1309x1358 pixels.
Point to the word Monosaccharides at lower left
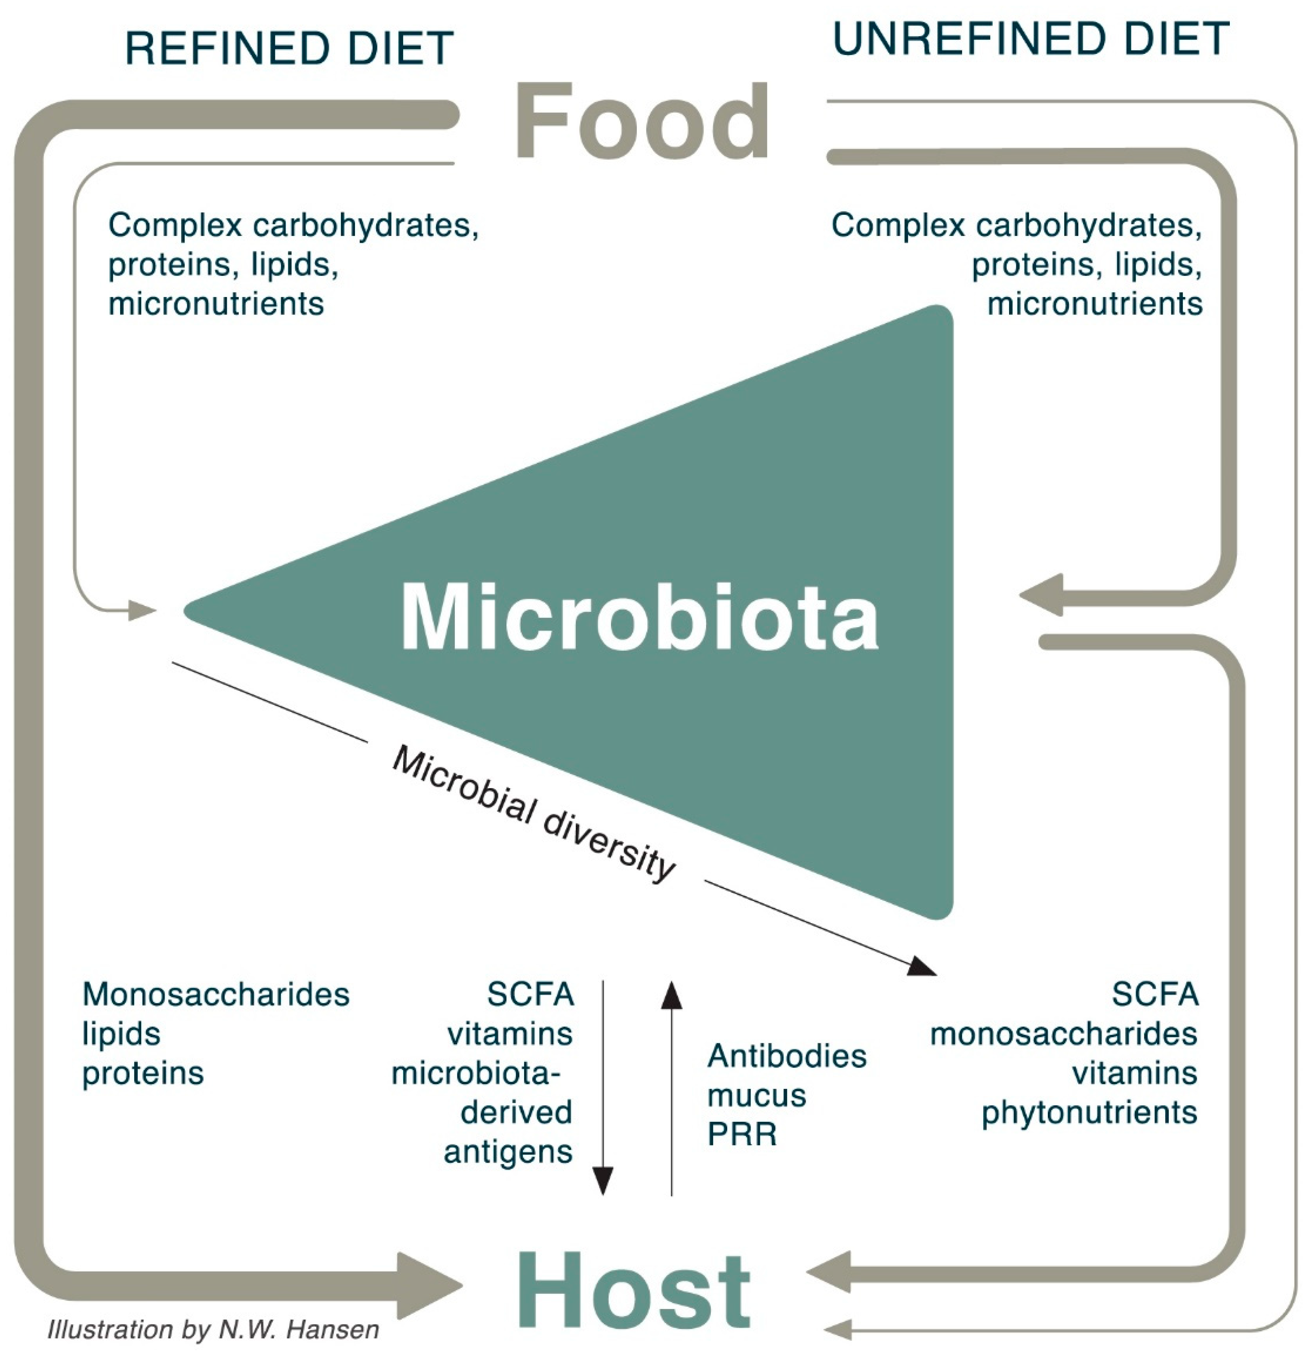[216, 994]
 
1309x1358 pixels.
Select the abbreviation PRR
[742, 1134]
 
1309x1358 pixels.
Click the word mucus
[756, 1095]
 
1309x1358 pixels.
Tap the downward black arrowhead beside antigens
[603, 1180]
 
